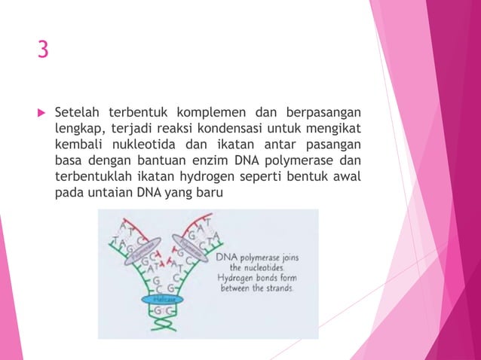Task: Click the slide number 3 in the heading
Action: tap(43, 50)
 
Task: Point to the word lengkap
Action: tap(78, 129)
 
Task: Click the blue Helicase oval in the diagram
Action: tap(162, 299)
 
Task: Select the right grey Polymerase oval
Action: tap(189, 248)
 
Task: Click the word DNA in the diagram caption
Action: tap(227, 258)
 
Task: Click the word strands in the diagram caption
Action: tap(278, 288)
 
